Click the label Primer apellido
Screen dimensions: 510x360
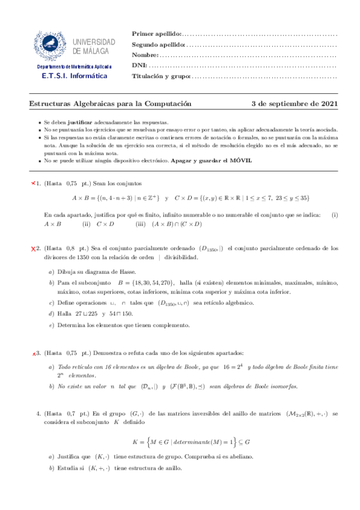(156, 34)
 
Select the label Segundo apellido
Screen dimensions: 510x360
(158, 45)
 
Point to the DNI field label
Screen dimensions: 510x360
(138, 66)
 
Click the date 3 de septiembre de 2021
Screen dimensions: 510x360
(294, 103)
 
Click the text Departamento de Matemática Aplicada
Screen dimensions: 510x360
(73, 67)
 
